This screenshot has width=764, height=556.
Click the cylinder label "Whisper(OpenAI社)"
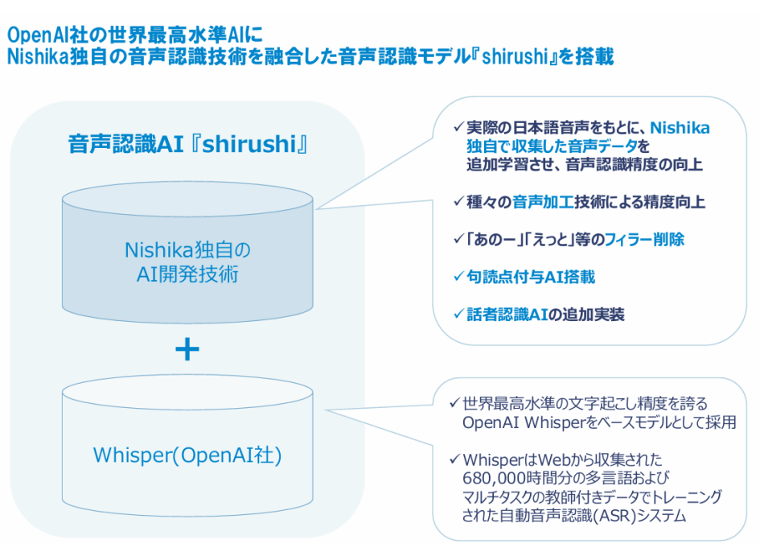click(187, 455)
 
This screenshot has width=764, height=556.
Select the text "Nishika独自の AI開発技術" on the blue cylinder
click(187, 262)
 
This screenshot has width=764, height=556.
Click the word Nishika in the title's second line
click(34, 57)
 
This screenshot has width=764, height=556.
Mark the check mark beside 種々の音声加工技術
click(458, 203)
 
